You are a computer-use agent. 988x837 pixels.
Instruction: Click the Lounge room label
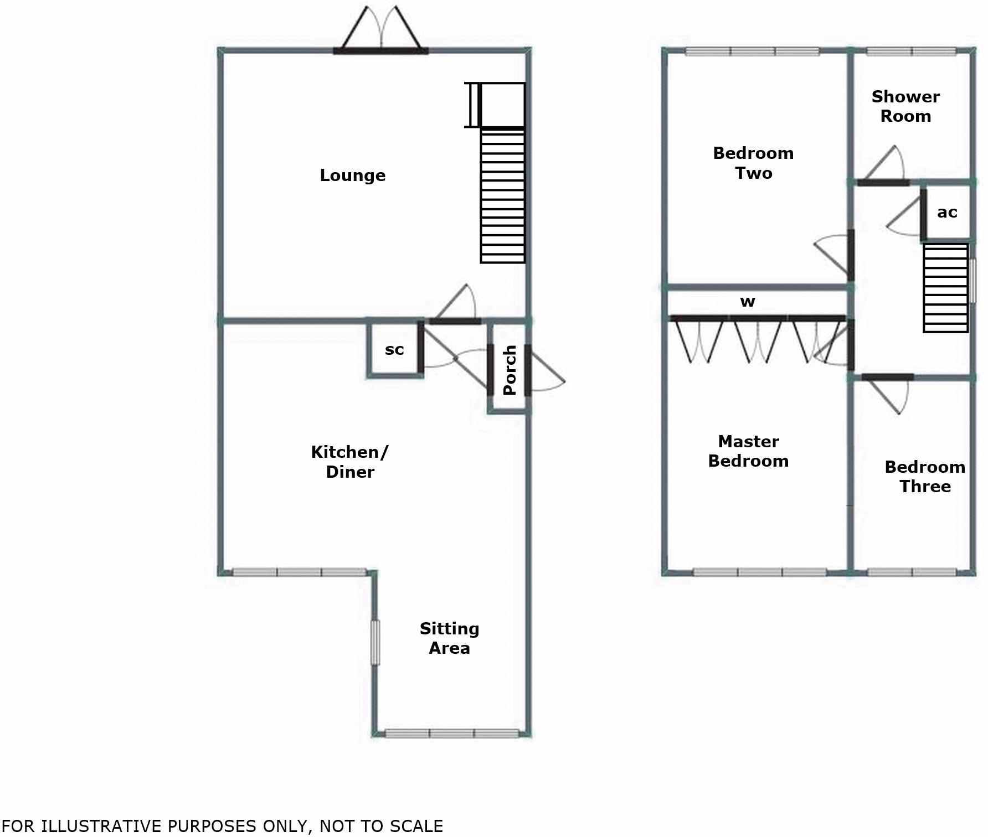tap(352, 175)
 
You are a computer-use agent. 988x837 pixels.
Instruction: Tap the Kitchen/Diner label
tap(349, 462)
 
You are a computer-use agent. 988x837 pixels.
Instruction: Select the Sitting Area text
tap(449, 638)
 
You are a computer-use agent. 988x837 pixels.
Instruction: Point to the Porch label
tap(510, 370)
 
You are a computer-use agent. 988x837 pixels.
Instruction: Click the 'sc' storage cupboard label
tap(394, 350)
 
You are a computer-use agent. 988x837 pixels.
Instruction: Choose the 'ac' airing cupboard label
tap(947, 212)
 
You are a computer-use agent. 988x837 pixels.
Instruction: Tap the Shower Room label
tap(905, 106)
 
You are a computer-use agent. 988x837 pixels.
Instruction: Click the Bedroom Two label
tap(753, 163)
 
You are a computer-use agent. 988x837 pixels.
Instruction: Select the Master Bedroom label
tap(748, 451)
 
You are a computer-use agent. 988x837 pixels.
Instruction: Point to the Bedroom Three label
tap(925, 477)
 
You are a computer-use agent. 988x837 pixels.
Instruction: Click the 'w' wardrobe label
tap(748, 302)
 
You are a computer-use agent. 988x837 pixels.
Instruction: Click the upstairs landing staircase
tap(945, 288)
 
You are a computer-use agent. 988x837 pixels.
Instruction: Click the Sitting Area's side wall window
tap(375, 642)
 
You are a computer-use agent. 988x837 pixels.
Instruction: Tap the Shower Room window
tap(911, 52)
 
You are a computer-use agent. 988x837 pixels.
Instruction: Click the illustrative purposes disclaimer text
tap(222, 826)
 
